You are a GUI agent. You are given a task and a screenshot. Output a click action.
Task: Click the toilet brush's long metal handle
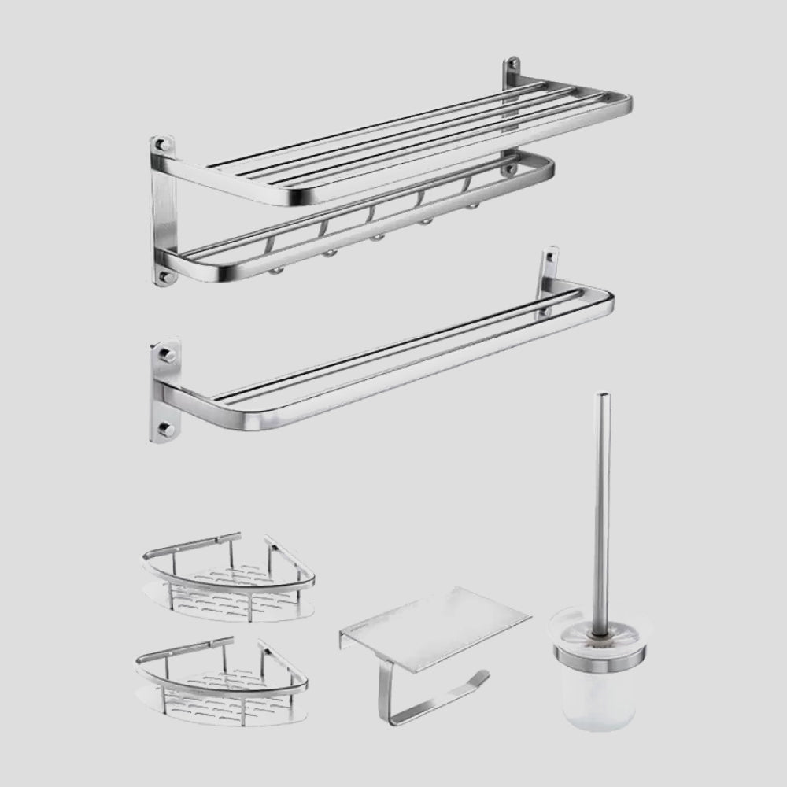[602, 504]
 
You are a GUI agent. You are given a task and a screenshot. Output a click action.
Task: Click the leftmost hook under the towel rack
[275, 269]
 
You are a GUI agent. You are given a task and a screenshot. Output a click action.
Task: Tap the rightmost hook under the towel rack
[473, 205]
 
